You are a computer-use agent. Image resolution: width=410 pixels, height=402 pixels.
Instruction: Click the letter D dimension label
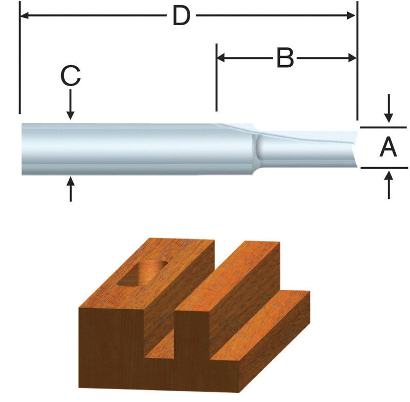[x=181, y=16]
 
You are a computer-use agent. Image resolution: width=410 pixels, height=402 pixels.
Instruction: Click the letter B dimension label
[x=285, y=58]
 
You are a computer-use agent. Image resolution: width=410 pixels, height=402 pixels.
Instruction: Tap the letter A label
[x=388, y=148]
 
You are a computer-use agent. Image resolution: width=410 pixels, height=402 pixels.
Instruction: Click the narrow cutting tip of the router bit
[x=307, y=149]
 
